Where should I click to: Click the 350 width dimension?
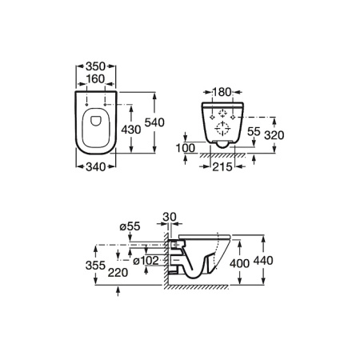pyautogui.click(x=96, y=66)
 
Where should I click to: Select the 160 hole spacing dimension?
pyautogui.click(x=96, y=79)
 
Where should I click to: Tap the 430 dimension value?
pyautogui.click(x=131, y=130)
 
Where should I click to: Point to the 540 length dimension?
pyautogui.click(x=154, y=122)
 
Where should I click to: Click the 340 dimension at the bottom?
pyautogui.click(x=96, y=167)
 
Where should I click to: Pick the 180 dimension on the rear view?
pyautogui.click(x=222, y=92)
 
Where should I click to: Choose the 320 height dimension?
pyautogui.click(x=274, y=135)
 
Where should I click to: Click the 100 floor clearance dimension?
pyautogui.click(x=186, y=148)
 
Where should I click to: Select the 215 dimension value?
pyautogui.click(x=222, y=167)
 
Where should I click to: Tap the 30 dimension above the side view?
pyautogui.click(x=170, y=217)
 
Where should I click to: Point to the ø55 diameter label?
pyautogui.click(x=130, y=226)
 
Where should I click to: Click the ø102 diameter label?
pyautogui.click(x=146, y=261)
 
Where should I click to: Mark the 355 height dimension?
pyautogui.click(x=95, y=266)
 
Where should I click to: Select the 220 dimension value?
pyautogui.click(x=118, y=273)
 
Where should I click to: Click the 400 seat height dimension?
pyautogui.click(x=240, y=263)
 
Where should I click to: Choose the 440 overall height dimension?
pyautogui.click(x=263, y=261)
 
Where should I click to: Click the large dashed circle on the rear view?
pyautogui.click(x=222, y=129)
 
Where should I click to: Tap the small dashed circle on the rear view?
pyautogui.click(x=222, y=114)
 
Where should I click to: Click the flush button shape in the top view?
pyautogui.click(x=96, y=121)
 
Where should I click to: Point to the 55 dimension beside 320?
pyautogui.click(x=254, y=131)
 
